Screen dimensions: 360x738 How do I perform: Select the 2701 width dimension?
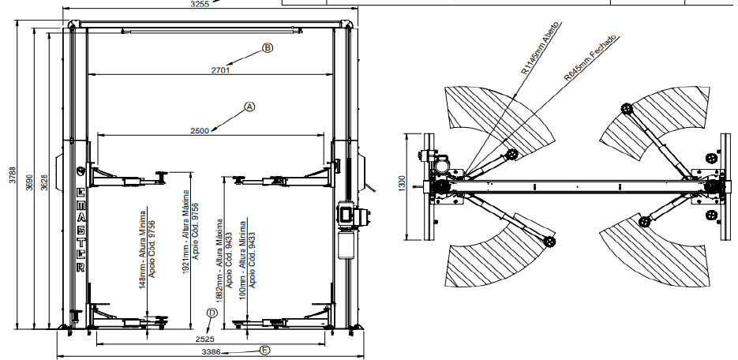(220, 70)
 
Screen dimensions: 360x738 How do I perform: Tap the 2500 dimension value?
(199, 130)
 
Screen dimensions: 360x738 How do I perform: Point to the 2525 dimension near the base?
(204, 338)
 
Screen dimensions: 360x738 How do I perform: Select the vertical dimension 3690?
(29, 182)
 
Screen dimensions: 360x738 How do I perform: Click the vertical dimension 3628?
(45, 182)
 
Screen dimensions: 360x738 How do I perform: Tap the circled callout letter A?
(250, 106)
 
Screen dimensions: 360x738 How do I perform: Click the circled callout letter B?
(268, 48)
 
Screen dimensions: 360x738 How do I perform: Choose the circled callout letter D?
(212, 313)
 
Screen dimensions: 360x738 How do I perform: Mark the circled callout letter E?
(265, 349)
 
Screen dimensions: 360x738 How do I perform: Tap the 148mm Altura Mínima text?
(143, 249)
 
